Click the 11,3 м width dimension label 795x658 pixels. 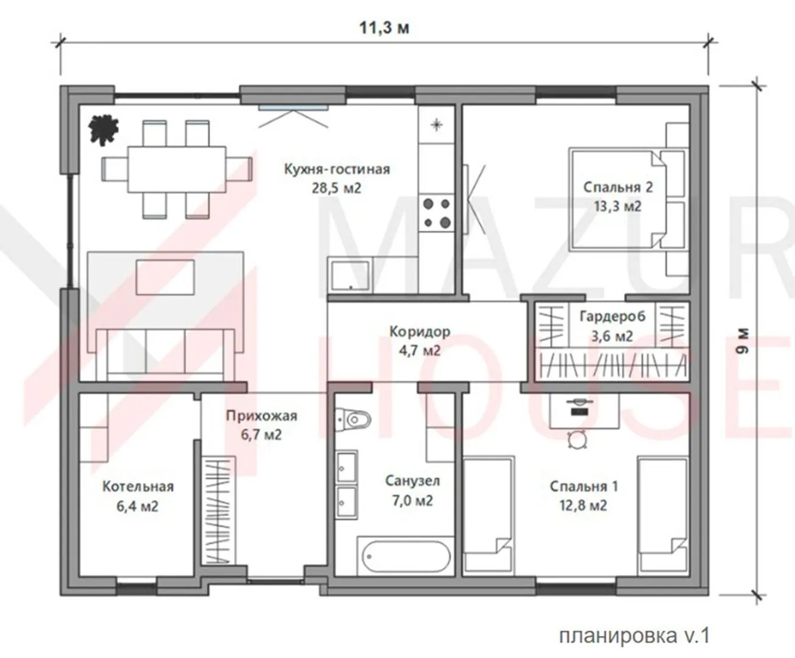(384, 28)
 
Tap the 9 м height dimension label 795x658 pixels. (743, 341)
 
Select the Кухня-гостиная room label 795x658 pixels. (337, 169)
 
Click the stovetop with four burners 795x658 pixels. (437, 213)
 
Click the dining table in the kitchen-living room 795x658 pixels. (177, 169)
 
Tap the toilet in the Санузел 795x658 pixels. (353, 420)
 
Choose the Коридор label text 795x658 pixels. (420, 331)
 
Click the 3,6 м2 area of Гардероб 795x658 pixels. (612, 336)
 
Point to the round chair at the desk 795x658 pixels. (578, 440)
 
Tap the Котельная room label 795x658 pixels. (138, 486)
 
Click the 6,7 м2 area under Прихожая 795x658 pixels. (261, 434)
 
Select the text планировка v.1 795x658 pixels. (635, 635)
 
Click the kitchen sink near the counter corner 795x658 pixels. (350, 275)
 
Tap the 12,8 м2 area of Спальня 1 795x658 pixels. (583, 505)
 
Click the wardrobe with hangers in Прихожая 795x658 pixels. (218, 511)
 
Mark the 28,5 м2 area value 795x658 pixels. (336, 188)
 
